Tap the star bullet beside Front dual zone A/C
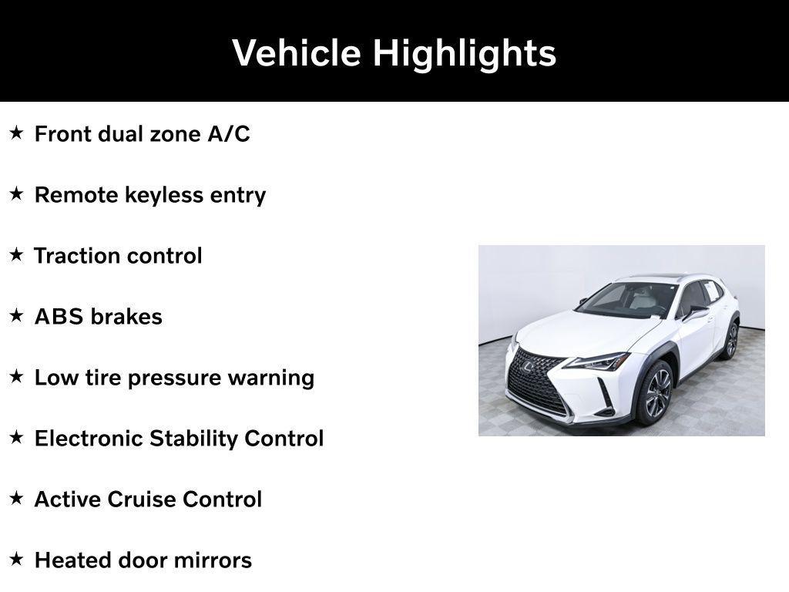click(x=17, y=133)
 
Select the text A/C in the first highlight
click(x=229, y=134)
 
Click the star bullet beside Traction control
click(x=17, y=255)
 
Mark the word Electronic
click(x=89, y=439)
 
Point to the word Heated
click(x=74, y=560)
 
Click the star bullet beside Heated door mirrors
click(x=17, y=560)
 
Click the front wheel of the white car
click(x=655, y=392)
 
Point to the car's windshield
click(x=628, y=299)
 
